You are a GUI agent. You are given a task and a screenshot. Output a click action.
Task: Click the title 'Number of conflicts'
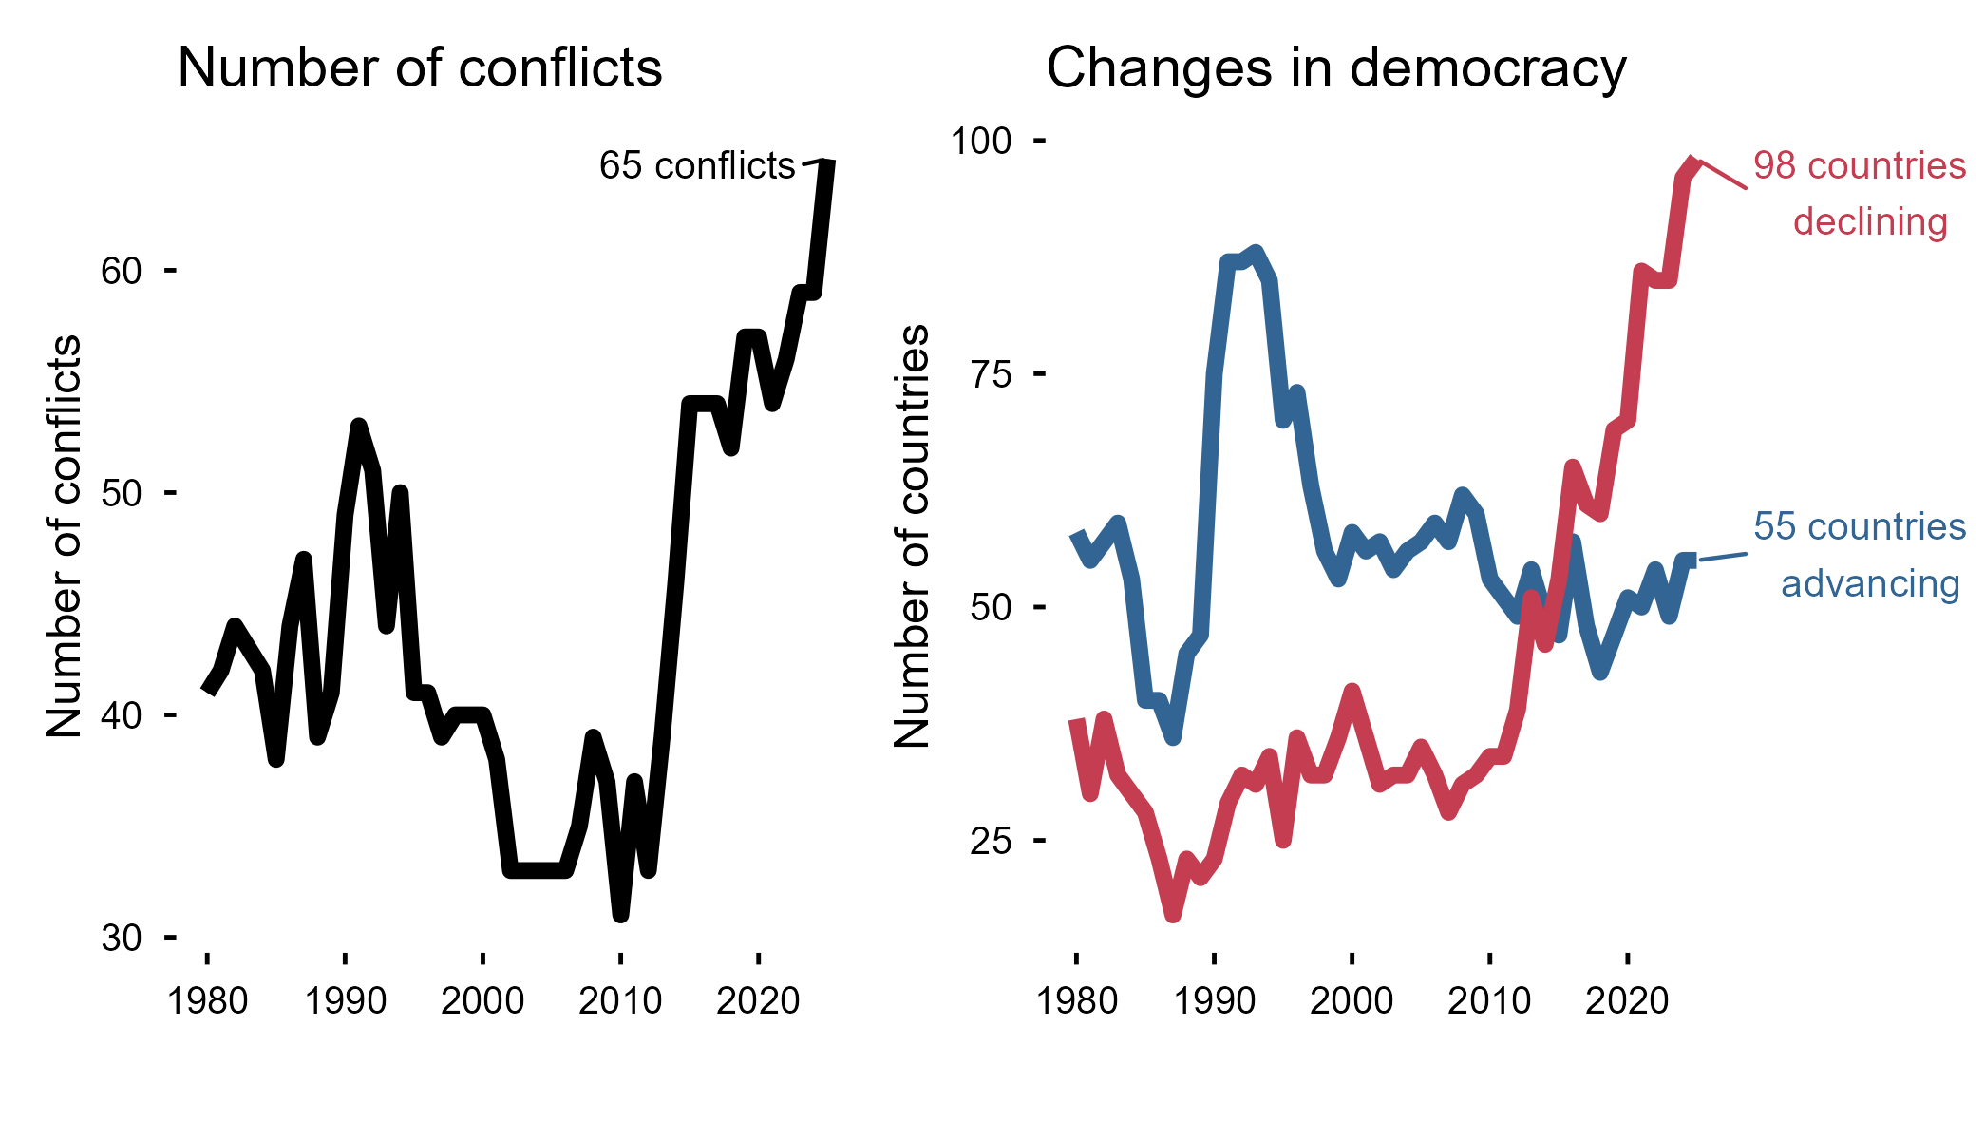[x=420, y=68]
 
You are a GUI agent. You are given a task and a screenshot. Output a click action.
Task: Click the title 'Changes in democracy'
[x=1336, y=69]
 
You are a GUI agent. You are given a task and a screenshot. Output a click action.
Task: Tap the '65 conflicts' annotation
[x=697, y=165]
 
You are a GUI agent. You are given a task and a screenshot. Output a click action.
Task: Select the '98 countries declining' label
[x=1859, y=194]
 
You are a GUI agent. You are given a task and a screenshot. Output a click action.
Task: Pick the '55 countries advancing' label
[x=1859, y=555]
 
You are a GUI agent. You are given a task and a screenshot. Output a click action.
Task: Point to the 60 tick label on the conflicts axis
[x=121, y=271]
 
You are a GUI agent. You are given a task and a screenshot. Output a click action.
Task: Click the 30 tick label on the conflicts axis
[x=121, y=938]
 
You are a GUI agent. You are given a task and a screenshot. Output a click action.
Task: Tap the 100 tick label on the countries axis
[x=981, y=141]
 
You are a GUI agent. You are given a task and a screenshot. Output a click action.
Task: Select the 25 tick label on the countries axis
[x=991, y=841]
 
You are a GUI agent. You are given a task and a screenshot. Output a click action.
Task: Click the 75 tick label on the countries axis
[x=991, y=374]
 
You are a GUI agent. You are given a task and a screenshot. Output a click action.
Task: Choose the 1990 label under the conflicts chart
[x=345, y=1000]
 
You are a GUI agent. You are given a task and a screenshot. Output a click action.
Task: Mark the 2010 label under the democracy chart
[x=1489, y=1000]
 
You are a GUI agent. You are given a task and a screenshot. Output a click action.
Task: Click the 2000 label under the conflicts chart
[x=482, y=1000]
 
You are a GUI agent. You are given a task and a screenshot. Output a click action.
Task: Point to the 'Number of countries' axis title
[x=913, y=537]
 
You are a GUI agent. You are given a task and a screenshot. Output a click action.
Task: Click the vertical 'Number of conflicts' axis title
[x=65, y=537]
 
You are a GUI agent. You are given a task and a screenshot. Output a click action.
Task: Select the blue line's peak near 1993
[x=1256, y=253]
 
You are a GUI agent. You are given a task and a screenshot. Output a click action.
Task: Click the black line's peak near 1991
[x=358, y=426]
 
